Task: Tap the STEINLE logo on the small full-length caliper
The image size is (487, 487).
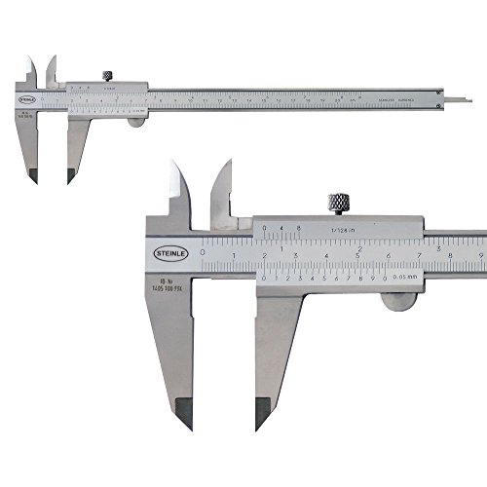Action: tap(27, 96)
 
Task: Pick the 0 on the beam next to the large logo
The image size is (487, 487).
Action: tap(202, 250)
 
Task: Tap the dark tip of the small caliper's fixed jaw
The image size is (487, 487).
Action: tap(34, 176)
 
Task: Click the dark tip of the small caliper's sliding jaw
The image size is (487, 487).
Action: tap(70, 176)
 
